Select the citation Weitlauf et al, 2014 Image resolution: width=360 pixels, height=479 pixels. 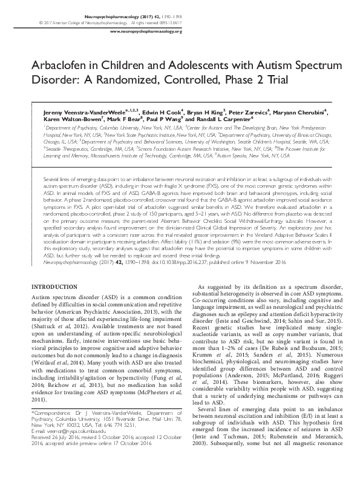click(x=56, y=347)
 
